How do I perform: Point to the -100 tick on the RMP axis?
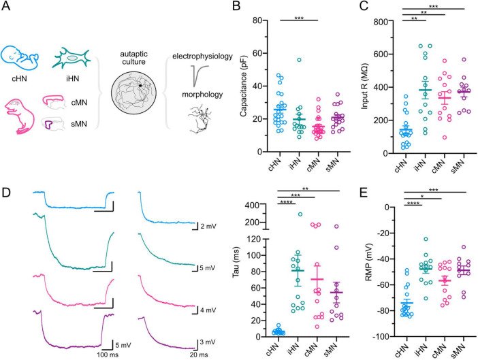(x=381, y=337)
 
